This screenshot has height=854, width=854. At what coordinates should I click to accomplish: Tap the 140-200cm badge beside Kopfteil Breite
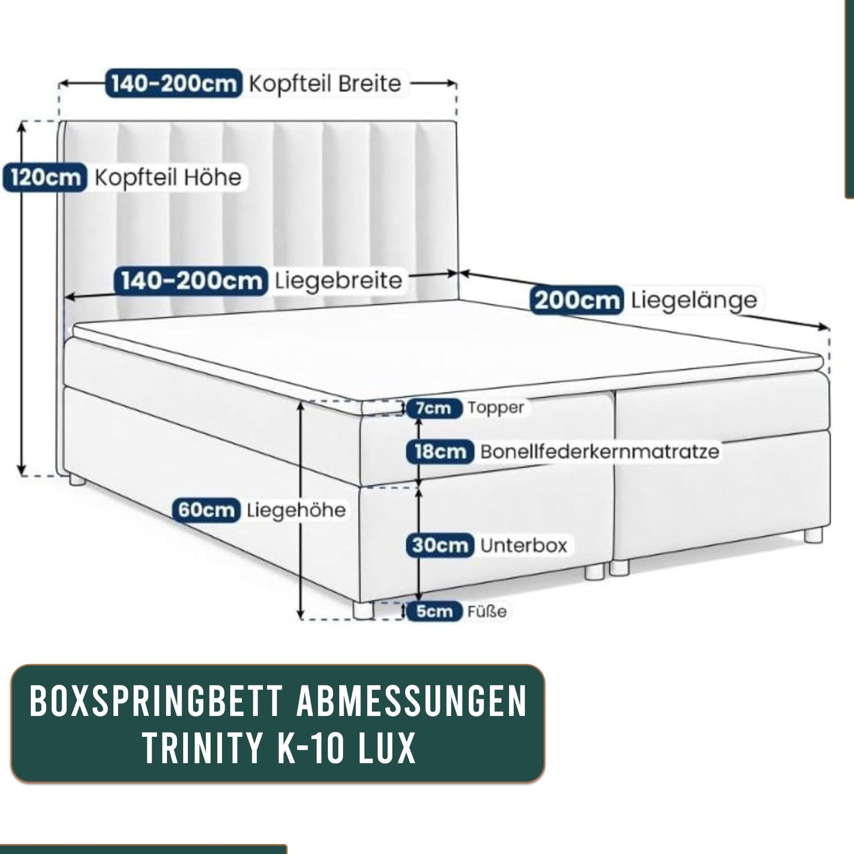[174, 84]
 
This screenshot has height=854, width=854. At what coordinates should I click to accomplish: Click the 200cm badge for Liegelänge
[576, 300]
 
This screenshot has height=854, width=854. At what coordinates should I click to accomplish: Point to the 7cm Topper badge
[434, 408]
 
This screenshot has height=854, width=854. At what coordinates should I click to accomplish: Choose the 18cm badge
[440, 452]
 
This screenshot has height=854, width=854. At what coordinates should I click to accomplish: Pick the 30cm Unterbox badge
[440, 545]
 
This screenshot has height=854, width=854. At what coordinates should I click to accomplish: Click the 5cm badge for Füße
[434, 612]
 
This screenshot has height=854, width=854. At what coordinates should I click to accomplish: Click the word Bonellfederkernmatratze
[600, 451]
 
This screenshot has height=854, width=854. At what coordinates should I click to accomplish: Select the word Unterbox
[524, 545]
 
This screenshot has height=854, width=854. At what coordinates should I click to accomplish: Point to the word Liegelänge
[694, 301]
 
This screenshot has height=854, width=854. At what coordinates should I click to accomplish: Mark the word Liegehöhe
[296, 511]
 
